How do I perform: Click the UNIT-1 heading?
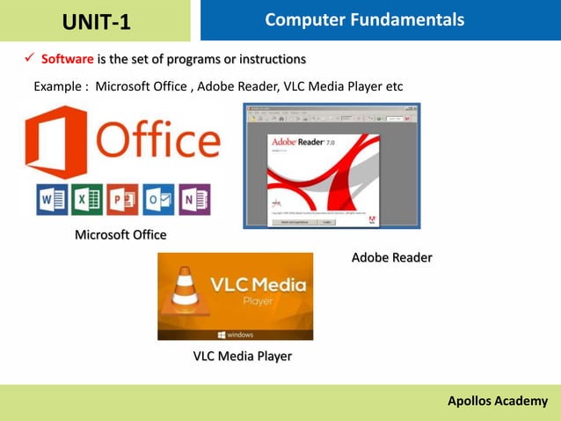[x=97, y=21]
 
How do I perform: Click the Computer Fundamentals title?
[x=365, y=19]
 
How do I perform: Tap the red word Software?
[x=67, y=60]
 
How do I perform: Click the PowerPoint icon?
[x=123, y=199]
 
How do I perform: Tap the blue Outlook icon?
[x=158, y=199]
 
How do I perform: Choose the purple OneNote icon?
[x=193, y=199]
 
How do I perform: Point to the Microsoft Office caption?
[x=120, y=234]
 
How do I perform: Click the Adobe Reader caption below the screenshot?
[x=391, y=257]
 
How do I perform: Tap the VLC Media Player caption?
[x=242, y=356]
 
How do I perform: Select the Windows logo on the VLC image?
[x=221, y=335]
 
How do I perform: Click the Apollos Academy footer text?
[x=497, y=401]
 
